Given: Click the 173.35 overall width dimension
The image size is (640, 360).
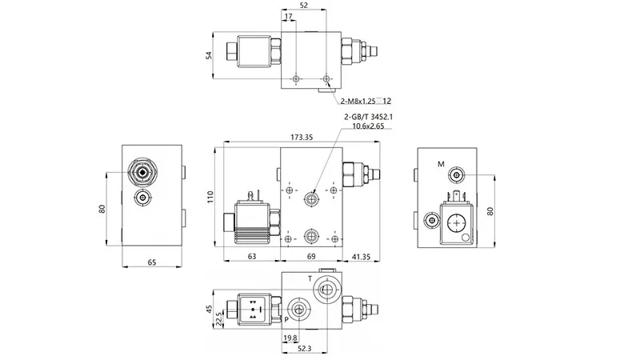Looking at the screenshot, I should click(x=301, y=138).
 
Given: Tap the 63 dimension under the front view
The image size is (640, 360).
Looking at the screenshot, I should click(x=252, y=257).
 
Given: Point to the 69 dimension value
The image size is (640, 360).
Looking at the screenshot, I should click(x=313, y=257).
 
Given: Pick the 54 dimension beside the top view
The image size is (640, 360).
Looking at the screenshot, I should click(x=209, y=55).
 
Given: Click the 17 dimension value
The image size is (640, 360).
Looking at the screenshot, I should click(x=287, y=16).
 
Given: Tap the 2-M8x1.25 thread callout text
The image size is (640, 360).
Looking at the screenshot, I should click(x=359, y=101).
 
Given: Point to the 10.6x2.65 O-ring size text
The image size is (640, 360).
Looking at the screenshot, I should click(x=367, y=126).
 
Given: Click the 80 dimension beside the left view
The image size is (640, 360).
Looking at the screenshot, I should click(x=102, y=210).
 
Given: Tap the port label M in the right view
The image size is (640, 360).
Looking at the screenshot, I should click(x=440, y=164).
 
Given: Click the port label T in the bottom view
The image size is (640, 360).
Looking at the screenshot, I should click(x=310, y=278).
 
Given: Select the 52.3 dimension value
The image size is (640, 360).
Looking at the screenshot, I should click(x=306, y=349).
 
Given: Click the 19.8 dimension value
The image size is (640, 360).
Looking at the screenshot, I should click(x=290, y=338).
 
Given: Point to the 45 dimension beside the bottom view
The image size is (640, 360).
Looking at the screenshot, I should click(x=210, y=310).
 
